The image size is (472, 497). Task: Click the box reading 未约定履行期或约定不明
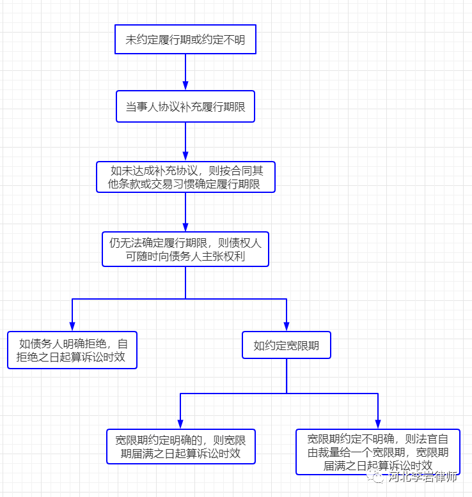(x=185, y=40)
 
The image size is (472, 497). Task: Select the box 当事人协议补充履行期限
(x=185, y=106)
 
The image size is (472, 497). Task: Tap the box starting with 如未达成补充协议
(x=185, y=177)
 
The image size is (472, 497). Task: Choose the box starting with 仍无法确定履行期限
(x=185, y=249)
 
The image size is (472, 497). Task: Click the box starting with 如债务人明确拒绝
(x=72, y=349)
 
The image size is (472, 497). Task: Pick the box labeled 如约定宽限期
(x=287, y=346)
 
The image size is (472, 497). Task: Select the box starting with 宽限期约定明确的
(x=180, y=447)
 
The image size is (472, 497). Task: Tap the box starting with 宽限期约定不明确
(x=378, y=452)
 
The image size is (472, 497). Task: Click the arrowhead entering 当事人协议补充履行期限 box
(x=185, y=85)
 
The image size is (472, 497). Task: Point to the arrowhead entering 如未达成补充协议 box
(x=185, y=156)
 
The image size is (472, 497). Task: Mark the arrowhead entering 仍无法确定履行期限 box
(x=185, y=226)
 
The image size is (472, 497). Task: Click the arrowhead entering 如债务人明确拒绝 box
(x=72, y=326)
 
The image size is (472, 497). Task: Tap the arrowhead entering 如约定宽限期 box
(x=287, y=326)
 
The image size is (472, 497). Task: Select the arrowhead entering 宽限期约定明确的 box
(x=180, y=424)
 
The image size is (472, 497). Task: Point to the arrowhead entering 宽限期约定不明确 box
(x=378, y=424)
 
